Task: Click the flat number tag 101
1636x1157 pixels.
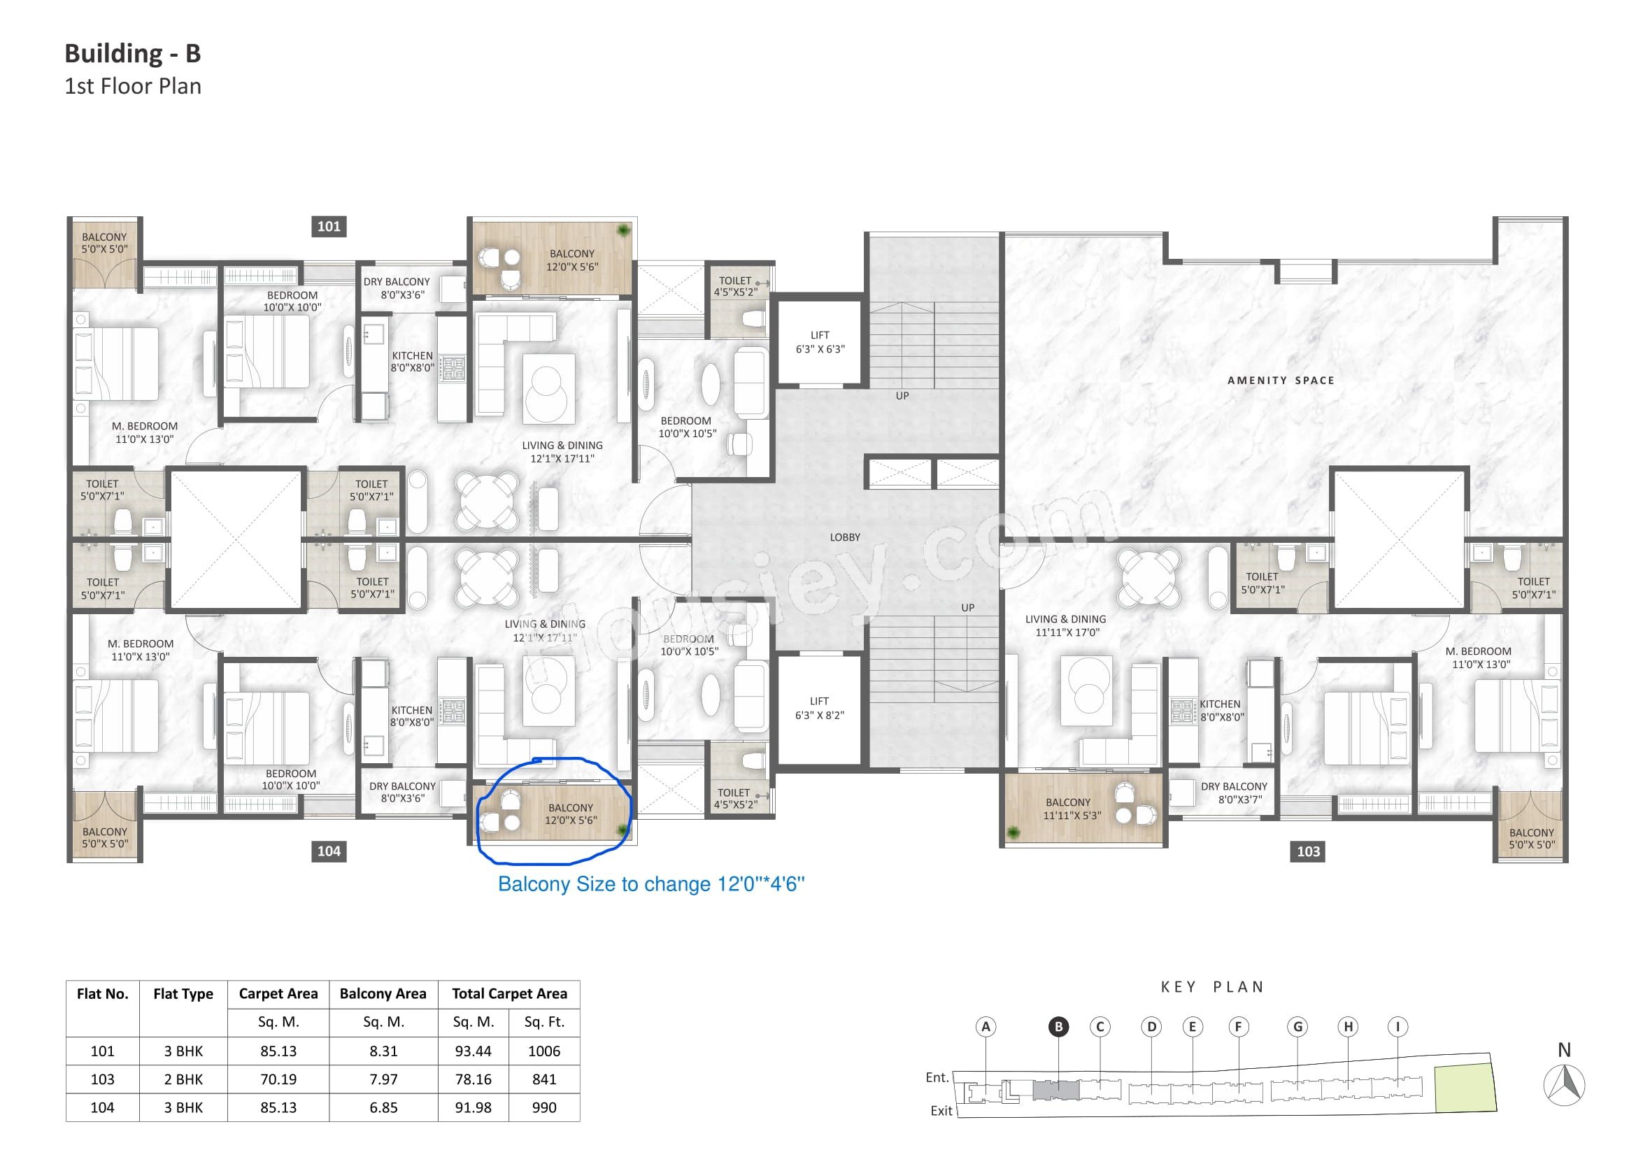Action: (329, 227)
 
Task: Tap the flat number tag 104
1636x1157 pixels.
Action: (329, 851)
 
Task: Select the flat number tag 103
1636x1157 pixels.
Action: (1308, 851)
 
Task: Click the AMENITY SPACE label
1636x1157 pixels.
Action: (1281, 381)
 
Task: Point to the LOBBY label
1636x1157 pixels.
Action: (845, 537)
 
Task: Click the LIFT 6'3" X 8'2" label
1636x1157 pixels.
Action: (820, 708)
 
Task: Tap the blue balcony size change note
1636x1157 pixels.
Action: (651, 884)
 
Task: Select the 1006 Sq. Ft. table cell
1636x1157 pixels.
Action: (544, 1051)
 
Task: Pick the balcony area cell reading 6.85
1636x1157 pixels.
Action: (383, 1107)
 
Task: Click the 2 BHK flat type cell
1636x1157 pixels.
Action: (183, 1079)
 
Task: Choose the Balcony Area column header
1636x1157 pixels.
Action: (383, 994)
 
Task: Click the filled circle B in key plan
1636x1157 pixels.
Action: (1058, 1027)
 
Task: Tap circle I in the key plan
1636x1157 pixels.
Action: (1397, 1027)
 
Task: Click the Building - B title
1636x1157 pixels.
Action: (132, 53)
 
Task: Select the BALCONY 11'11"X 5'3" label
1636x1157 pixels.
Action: (1068, 809)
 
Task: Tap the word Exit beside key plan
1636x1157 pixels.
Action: (941, 1111)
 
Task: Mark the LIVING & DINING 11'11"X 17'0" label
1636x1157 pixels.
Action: (1066, 625)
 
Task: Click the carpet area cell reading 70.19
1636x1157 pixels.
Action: (278, 1079)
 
